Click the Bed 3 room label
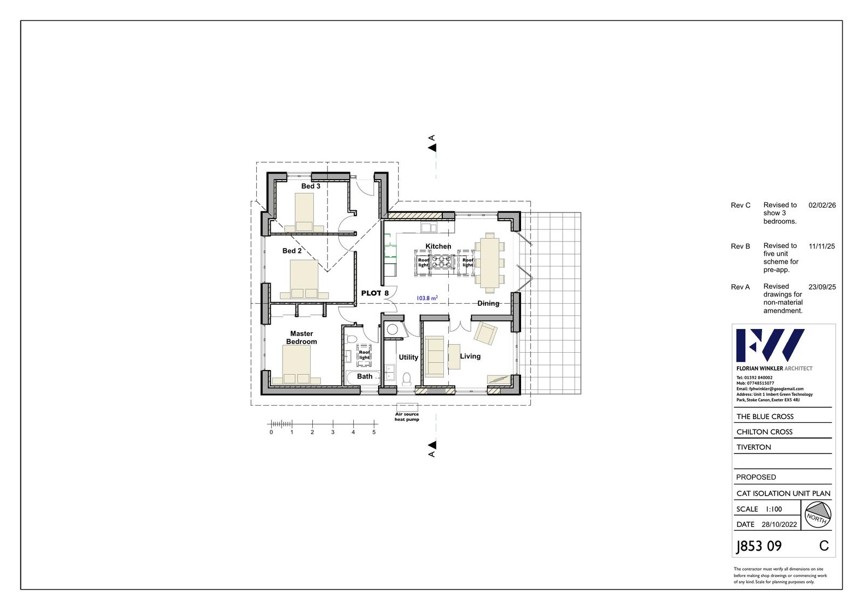[x=311, y=186]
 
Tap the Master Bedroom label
[x=302, y=338]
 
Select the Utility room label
[x=408, y=357]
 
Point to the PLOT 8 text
[x=375, y=293]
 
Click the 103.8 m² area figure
[x=427, y=298]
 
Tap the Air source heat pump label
[x=407, y=416]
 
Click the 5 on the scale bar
[x=374, y=433]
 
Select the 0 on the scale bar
[x=271, y=433]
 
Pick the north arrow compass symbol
[x=818, y=515]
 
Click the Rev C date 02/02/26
[x=822, y=205]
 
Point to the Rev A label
[x=740, y=287]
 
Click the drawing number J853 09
[x=758, y=546]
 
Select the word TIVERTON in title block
[x=754, y=447]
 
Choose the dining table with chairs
[x=490, y=263]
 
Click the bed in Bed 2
[x=304, y=279]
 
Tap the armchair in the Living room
[x=485, y=333]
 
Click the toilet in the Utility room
[x=407, y=379]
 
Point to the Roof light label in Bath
[x=364, y=354]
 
